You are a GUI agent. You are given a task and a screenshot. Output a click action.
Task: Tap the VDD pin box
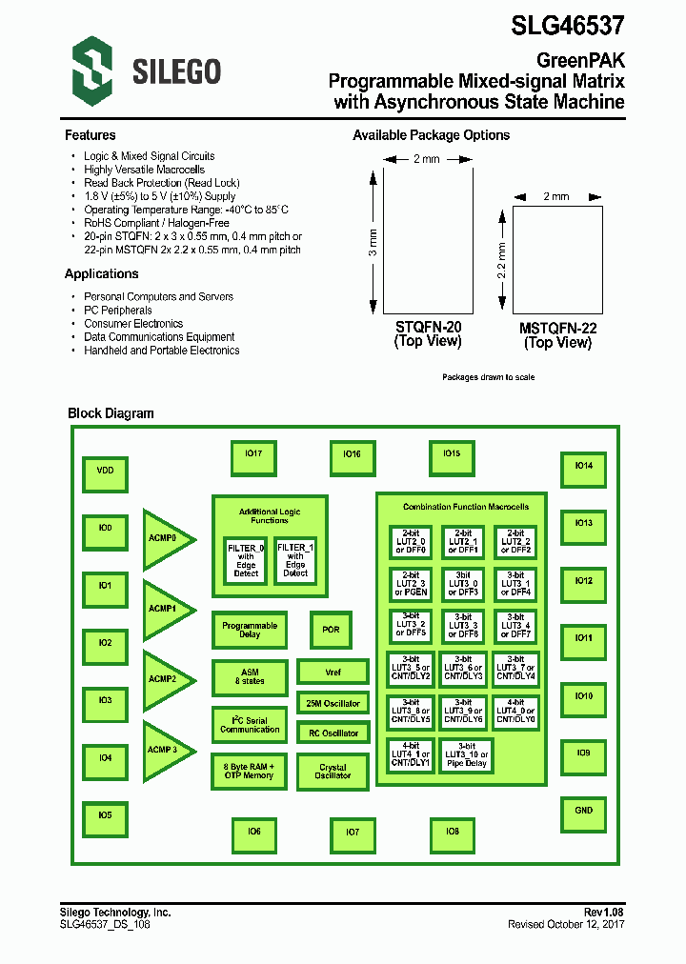click(x=105, y=471)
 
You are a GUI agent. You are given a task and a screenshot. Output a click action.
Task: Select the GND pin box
click(x=583, y=811)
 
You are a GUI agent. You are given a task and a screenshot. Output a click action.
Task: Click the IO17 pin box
click(x=253, y=454)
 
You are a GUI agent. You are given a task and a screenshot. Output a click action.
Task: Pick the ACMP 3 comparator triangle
click(x=164, y=751)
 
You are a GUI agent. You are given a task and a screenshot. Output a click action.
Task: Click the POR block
click(x=331, y=630)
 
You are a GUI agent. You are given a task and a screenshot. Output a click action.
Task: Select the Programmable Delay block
click(x=250, y=630)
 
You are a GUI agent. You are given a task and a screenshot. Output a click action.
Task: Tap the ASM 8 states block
click(x=250, y=677)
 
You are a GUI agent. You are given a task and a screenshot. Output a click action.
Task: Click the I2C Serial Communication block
click(x=250, y=725)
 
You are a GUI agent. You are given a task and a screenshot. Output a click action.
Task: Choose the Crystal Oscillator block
click(x=333, y=772)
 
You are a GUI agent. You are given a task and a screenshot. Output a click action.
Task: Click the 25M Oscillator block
click(x=333, y=704)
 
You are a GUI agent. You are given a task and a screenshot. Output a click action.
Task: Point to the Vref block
click(x=333, y=672)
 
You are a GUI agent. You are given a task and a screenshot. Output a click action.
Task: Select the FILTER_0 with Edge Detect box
click(x=246, y=560)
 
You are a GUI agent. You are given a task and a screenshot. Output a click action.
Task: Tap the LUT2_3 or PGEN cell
click(x=411, y=584)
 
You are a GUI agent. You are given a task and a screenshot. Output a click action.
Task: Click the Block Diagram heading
click(x=111, y=413)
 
